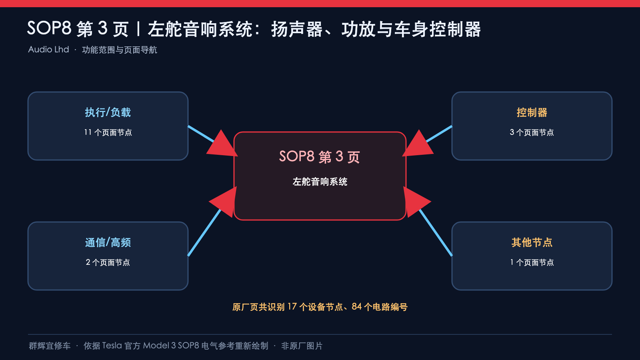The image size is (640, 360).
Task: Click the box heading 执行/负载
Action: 108,112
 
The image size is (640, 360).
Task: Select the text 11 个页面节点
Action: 108,132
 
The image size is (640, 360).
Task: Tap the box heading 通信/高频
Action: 108,242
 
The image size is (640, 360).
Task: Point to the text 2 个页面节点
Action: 108,262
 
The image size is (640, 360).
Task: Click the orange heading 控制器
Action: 532,112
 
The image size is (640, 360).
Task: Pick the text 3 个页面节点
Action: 532,132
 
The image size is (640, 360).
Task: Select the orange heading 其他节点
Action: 532,242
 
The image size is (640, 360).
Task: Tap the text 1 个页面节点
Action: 532,262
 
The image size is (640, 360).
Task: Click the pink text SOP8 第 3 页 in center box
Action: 320,156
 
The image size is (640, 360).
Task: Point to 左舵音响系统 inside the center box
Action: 320,182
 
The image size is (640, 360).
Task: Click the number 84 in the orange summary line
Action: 356,307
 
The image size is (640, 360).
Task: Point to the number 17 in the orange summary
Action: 292,307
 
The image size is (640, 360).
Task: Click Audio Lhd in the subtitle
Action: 48,50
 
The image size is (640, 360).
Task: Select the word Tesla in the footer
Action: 112,346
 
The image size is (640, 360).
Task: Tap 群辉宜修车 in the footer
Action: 50,346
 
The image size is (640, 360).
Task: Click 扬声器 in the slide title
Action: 297,29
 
